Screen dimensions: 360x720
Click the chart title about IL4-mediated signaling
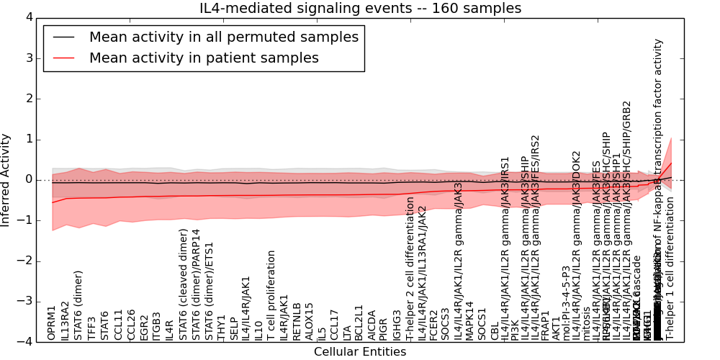tap(360, 9)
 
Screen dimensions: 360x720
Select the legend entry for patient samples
tap(204, 58)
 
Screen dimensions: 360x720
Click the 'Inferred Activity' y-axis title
tap(6, 179)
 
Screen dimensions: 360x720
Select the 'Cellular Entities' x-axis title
tap(359, 351)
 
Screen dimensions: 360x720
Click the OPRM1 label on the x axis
tap(52, 323)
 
